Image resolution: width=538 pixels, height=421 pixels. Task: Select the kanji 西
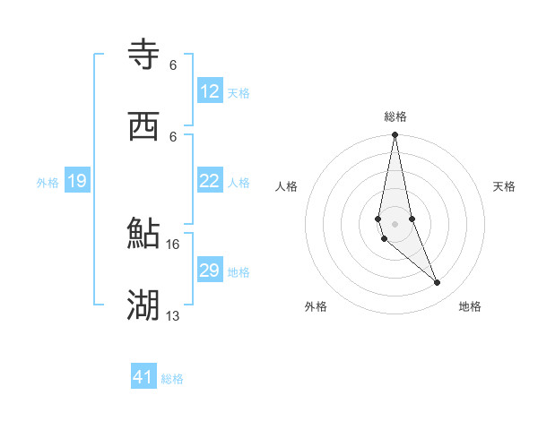tap(143, 126)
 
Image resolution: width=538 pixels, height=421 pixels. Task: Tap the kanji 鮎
tap(143, 234)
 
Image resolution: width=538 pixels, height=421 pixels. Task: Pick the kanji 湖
tap(143, 305)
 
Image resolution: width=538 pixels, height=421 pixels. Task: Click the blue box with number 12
tap(210, 91)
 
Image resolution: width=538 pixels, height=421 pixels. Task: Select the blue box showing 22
tap(210, 181)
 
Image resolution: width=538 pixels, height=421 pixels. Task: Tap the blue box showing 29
tap(210, 271)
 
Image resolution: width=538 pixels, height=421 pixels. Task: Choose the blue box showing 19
tap(76, 182)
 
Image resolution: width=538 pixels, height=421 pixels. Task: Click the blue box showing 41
tap(143, 377)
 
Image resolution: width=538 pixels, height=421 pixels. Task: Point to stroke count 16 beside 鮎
tap(173, 244)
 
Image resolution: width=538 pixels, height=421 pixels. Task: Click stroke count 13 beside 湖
tap(173, 315)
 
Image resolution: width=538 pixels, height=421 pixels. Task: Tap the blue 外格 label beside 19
tap(48, 183)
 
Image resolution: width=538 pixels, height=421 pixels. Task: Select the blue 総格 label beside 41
tap(172, 379)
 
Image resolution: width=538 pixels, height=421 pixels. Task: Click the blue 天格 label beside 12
tap(239, 93)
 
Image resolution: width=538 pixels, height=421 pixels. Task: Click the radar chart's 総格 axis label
tap(395, 116)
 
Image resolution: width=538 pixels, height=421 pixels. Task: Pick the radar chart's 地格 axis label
tap(470, 306)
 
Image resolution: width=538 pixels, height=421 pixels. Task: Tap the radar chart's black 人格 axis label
tap(287, 186)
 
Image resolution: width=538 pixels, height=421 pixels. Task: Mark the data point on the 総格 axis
tap(395, 135)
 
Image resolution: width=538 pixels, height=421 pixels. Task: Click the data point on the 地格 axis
tap(438, 283)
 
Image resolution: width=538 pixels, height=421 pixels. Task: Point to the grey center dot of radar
tap(395, 223)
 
